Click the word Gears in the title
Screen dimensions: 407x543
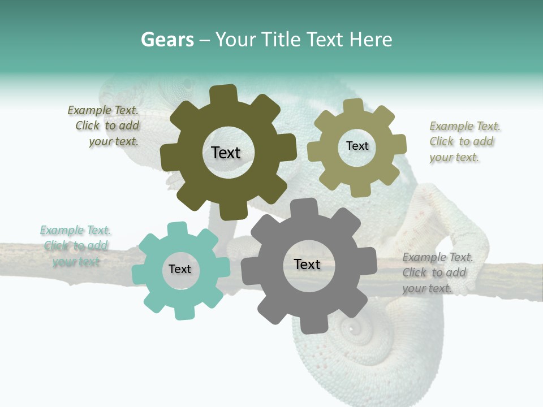pos(167,40)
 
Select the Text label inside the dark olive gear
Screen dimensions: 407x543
pos(226,153)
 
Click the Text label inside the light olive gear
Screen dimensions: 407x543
pos(357,146)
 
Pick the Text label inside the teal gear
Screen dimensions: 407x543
pos(180,269)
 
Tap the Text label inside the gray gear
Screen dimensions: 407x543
pos(307,264)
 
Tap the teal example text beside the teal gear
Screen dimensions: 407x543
pos(75,246)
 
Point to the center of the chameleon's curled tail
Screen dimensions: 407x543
pos(354,328)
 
